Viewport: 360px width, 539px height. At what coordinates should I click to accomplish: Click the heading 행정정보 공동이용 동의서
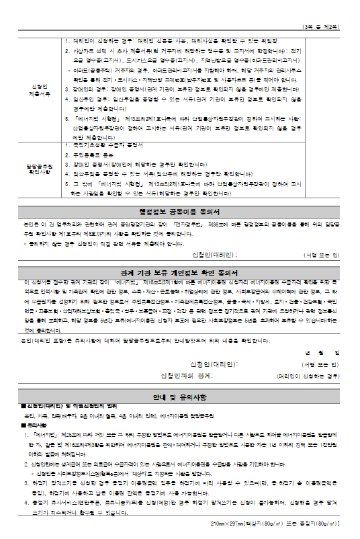180,211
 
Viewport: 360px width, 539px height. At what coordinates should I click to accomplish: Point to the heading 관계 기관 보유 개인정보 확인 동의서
180,272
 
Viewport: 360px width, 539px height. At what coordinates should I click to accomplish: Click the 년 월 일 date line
323,352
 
